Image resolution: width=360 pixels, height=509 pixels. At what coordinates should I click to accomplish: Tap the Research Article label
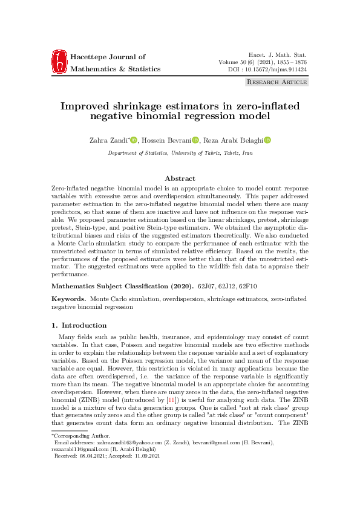point(277,82)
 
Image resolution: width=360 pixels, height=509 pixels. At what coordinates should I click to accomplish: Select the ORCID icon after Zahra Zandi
point(134,140)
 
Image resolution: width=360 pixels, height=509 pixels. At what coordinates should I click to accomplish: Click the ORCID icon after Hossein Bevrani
point(195,140)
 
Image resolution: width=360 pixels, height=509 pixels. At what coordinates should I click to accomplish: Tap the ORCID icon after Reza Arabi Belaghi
point(267,140)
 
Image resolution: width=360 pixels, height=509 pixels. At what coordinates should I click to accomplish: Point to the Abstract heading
point(180,178)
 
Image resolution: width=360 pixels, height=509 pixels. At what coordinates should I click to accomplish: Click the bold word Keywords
point(69,299)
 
